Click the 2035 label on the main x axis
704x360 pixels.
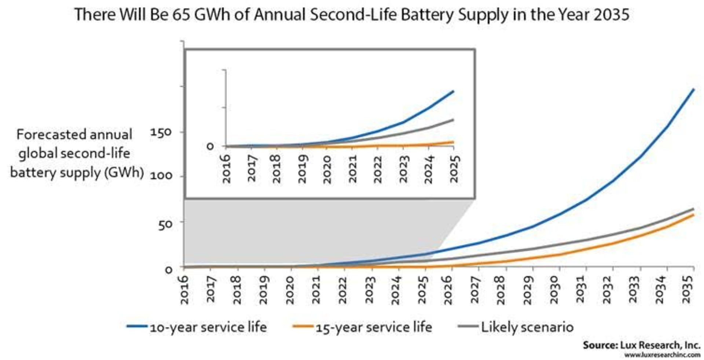click(687, 289)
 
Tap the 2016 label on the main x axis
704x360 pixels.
click(184, 290)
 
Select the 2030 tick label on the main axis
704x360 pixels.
click(554, 290)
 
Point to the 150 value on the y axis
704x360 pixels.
click(161, 133)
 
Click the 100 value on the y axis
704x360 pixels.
click(161, 176)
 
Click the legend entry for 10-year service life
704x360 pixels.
click(208, 327)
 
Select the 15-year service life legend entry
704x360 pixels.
click(374, 327)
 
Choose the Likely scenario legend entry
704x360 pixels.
click(527, 327)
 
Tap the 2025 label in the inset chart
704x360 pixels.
click(455, 169)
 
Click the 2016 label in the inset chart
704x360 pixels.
click(227, 169)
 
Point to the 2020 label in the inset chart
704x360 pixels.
click(327, 169)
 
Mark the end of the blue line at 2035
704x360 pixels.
click(693, 89)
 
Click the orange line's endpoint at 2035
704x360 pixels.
click(693, 215)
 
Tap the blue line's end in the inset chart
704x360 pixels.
click(453, 91)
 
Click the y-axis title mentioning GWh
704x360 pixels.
click(77, 153)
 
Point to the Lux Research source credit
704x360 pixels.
click(641, 345)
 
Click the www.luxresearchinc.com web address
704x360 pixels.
click(662, 355)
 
